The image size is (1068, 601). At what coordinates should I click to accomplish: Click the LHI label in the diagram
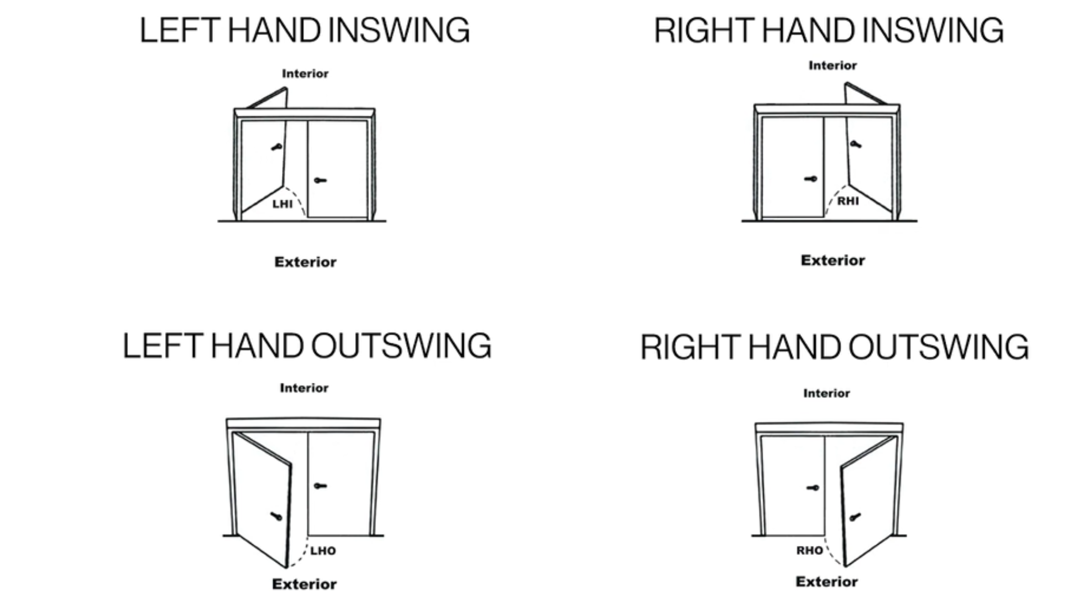click(x=282, y=204)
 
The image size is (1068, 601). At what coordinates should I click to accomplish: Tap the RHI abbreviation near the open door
click(x=848, y=201)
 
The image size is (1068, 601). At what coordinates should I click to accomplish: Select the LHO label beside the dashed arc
click(x=323, y=551)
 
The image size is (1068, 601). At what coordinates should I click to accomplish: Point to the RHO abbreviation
click(x=809, y=551)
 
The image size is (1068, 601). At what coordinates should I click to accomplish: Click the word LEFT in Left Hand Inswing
click(x=180, y=31)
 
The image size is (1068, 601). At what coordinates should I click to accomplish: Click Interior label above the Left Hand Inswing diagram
click(x=305, y=73)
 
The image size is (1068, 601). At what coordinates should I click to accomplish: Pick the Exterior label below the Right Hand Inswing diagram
click(x=833, y=260)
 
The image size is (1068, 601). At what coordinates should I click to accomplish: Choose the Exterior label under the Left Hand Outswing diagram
click(x=304, y=584)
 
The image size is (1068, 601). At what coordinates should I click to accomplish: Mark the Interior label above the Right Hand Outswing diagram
click(x=826, y=393)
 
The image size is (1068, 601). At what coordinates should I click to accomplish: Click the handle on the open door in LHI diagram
click(x=276, y=147)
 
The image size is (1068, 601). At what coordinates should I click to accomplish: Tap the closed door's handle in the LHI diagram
click(x=320, y=180)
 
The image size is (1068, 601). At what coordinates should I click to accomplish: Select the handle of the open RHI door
click(x=856, y=145)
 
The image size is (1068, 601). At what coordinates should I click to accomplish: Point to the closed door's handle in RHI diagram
click(x=811, y=179)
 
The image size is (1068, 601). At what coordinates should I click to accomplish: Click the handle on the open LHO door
click(x=276, y=516)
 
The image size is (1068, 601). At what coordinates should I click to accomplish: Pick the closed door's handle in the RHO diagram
click(x=813, y=488)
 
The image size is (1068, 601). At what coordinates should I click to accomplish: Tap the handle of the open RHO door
click(x=855, y=517)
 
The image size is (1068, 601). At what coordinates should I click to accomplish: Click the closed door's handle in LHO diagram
click(x=320, y=486)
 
